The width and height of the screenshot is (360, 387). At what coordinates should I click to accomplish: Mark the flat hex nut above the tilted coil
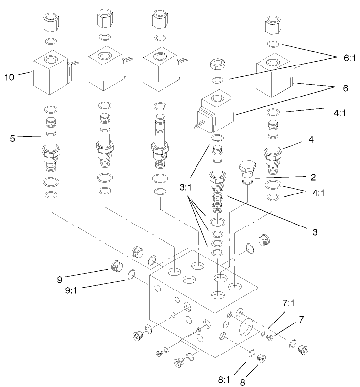tap(217, 64)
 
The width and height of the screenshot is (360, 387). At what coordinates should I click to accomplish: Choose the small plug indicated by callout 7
tap(269, 338)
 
